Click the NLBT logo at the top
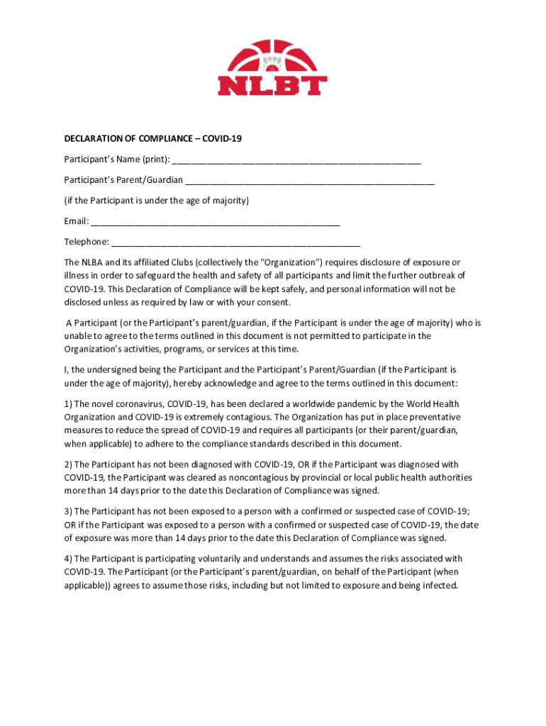pyautogui.click(x=272, y=68)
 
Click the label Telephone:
pyautogui.click(x=87, y=242)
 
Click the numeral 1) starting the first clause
pyautogui.click(x=68, y=403)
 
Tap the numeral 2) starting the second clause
pyautogui.click(x=68, y=464)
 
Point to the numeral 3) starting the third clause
pyautogui.click(x=68, y=511)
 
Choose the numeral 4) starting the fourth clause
pyautogui.click(x=68, y=559)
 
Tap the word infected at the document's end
pyautogui.click(x=440, y=586)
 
